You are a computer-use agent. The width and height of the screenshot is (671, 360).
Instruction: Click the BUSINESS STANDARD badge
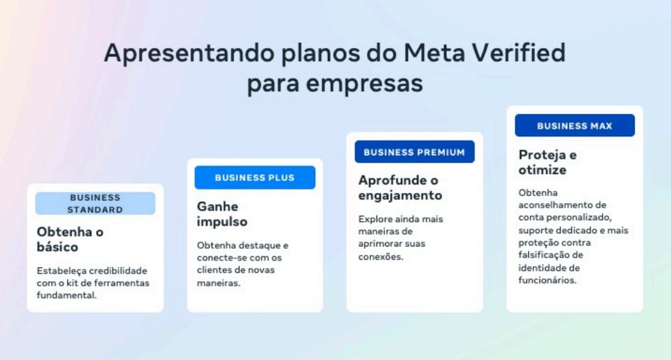tap(95, 203)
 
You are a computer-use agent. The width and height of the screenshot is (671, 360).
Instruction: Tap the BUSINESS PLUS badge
tap(254, 178)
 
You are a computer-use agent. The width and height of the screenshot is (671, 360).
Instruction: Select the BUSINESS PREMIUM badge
tap(414, 152)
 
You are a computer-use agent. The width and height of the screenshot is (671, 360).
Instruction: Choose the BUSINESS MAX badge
tap(574, 125)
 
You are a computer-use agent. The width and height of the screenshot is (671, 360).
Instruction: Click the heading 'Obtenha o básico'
tap(70, 239)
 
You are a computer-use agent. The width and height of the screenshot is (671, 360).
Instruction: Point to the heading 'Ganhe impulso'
tap(222, 213)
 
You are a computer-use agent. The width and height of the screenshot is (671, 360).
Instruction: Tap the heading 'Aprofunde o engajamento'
tap(400, 187)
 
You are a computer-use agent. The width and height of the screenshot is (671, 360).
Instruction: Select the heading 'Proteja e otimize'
tap(548, 162)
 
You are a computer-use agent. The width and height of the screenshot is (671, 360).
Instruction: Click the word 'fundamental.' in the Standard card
tap(67, 295)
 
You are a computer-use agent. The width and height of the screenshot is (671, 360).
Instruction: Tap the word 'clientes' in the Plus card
tap(215, 270)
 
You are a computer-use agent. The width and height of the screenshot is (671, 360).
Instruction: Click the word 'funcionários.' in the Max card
tap(548, 280)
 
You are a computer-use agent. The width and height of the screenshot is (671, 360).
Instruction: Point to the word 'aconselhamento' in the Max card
tap(553, 205)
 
